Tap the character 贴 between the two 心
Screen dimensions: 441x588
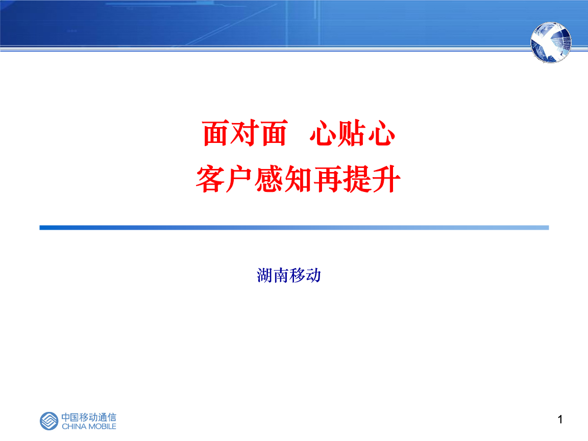[352, 134]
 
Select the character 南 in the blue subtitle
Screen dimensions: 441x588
[281, 276]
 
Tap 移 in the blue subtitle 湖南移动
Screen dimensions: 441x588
[297, 276]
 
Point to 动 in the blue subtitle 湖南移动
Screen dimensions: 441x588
[313, 276]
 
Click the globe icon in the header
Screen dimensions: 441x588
[551, 42]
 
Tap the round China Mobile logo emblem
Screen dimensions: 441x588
[50, 421]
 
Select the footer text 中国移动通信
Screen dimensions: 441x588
[89, 417]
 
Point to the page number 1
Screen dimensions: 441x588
[560, 420]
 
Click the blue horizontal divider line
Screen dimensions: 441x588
[294, 228]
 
